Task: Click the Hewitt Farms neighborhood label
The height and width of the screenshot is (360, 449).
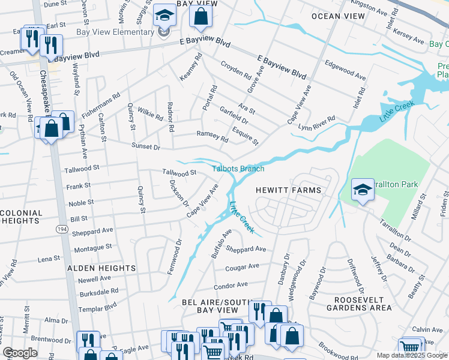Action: coord(288,190)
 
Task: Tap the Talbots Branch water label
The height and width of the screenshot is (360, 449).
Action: coord(238,169)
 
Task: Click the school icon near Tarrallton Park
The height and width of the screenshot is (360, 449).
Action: coord(363,190)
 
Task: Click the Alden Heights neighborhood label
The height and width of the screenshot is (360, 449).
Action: coord(101,268)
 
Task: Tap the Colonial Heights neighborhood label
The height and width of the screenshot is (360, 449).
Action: coord(22,217)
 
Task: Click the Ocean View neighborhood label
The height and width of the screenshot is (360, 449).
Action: coord(337,16)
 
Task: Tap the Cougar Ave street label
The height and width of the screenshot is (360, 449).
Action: coord(242,266)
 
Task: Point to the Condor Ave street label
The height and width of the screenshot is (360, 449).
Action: coord(231,285)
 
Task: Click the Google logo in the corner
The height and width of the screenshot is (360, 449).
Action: coord(20,353)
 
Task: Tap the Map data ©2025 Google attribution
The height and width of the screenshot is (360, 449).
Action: coord(411,355)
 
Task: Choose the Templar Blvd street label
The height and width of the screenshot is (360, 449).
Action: coord(101,306)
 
